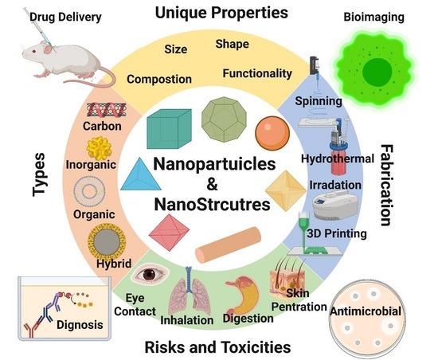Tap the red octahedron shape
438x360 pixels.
164,233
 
